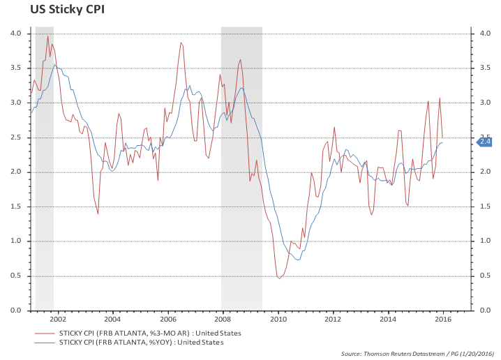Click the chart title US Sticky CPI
click(x=58, y=10)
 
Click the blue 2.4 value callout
click(x=485, y=142)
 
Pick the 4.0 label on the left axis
click(x=16, y=33)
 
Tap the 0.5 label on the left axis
click(x=16, y=276)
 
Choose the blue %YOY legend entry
click(x=142, y=342)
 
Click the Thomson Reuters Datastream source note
click(x=418, y=354)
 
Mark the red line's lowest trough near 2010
click(x=279, y=278)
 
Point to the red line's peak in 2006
click(x=181, y=43)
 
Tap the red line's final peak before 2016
click(x=440, y=98)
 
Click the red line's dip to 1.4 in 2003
click(x=98, y=213)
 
